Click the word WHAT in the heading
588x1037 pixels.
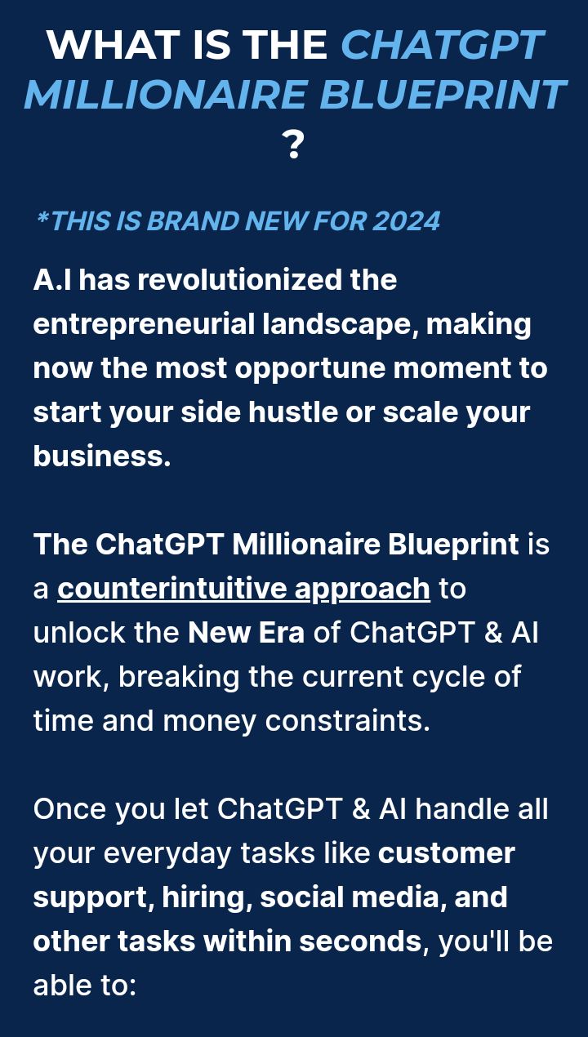coord(113,45)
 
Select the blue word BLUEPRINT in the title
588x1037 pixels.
coord(443,95)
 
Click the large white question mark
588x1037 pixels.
coord(293,145)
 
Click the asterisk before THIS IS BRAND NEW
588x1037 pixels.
coord(42,217)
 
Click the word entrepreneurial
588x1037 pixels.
coord(144,325)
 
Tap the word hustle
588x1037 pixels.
coord(293,412)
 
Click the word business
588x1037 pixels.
coord(102,456)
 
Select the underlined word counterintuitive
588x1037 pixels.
coord(171,589)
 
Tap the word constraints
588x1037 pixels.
coord(347,721)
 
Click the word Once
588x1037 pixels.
coord(70,809)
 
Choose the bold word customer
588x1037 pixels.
coord(447,853)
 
